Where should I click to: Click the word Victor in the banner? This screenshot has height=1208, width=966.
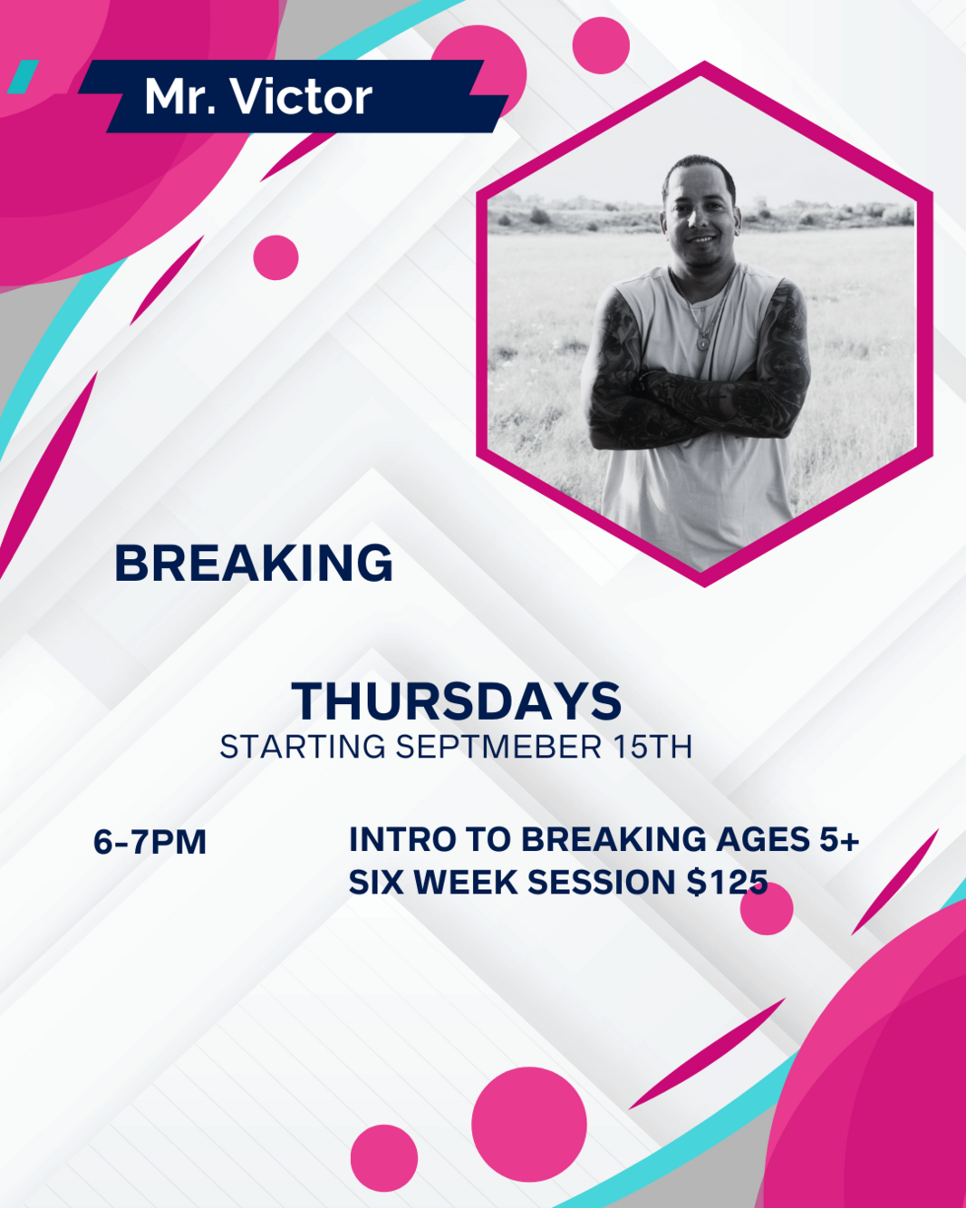tap(302, 97)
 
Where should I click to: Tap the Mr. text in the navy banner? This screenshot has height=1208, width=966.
tap(180, 97)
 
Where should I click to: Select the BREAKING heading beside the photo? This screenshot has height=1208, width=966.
tap(254, 564)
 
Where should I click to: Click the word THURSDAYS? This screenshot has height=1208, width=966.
tap(457, 701)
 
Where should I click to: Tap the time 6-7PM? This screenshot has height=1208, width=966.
tap(150, 842)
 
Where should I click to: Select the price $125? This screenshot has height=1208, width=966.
tap(727, 882)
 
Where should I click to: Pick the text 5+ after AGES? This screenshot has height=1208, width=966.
tap(839, 840)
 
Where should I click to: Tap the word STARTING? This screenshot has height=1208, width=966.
tap(303, 747)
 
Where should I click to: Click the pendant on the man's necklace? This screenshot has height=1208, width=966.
tap(701, 342)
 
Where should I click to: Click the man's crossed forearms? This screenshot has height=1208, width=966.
tap(696, 402)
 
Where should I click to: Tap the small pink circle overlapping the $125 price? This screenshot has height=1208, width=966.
tap(766, 908)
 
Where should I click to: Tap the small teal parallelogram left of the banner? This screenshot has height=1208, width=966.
tap(23, 76)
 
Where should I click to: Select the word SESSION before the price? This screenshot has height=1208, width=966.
tap(602, 883)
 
